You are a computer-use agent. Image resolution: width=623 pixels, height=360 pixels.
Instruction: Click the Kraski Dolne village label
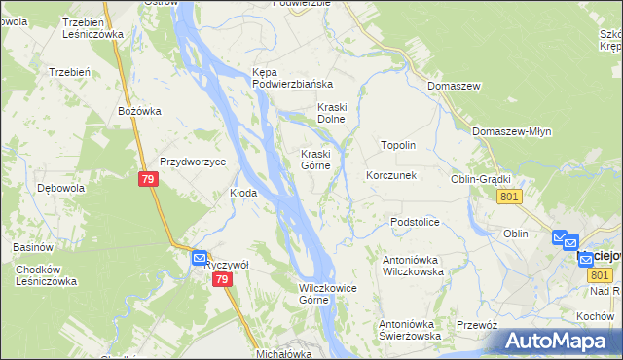point(332,113)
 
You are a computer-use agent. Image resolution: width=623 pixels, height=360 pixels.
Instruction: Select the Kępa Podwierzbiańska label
point(292,78)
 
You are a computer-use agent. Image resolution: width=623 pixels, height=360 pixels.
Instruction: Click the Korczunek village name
point(391,176)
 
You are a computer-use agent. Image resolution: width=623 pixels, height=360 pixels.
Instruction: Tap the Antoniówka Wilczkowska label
point(413,266)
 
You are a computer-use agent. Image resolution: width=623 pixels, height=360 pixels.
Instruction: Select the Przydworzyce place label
point(193,162)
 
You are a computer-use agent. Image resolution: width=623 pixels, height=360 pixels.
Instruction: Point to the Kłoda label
point(242,193)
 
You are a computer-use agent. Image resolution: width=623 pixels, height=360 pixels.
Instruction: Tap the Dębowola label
point(57,188)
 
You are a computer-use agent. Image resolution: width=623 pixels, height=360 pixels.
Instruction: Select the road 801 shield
point(509,197)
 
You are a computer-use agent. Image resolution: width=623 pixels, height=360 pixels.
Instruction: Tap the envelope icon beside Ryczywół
point(199,258)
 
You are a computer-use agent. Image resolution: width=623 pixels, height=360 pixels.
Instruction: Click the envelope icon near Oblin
point(559,237)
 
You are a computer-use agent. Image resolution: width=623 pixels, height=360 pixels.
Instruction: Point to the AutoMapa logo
point(558,342)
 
